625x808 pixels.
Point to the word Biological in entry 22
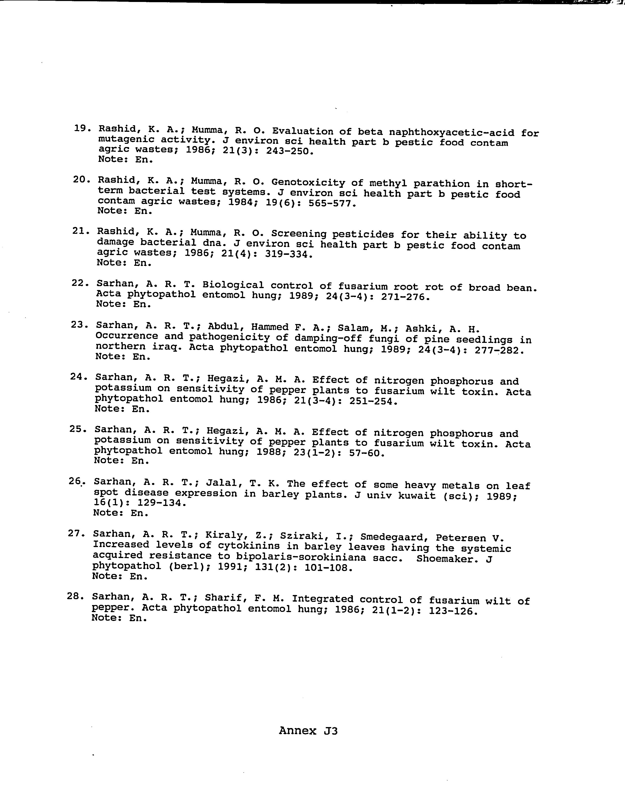pyautogui.click(x=233, y=285)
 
